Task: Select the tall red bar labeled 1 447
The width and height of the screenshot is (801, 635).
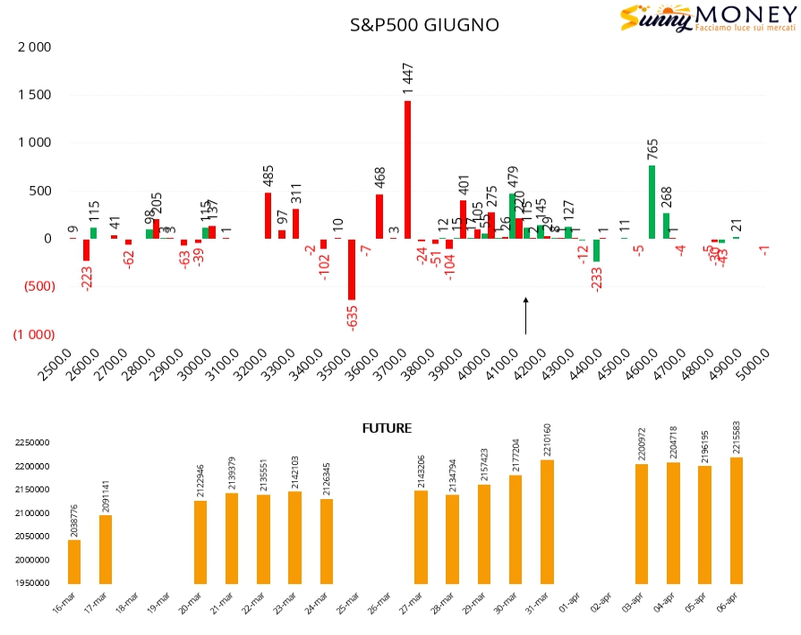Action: pos(408,170)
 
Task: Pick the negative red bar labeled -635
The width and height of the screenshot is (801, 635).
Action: pos(352,269)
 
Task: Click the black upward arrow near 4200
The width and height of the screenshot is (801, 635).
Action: pos(526,316)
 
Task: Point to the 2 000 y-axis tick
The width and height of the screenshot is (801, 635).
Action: pos(35,47)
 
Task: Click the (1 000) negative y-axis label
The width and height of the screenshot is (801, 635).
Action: pos(32,334)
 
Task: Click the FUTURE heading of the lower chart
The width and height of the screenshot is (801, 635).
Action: pos(387,428)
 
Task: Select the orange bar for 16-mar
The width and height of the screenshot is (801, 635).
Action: pos(74,562)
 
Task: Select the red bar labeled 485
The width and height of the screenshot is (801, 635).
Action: pos(268,216)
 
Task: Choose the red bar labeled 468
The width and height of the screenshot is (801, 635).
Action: pos(379,216)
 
